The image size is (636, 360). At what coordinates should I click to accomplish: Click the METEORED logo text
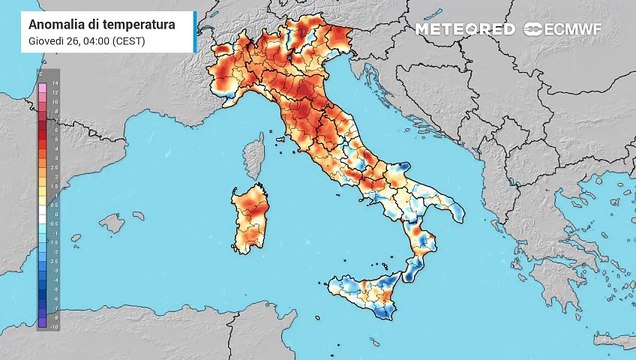pos(465,29)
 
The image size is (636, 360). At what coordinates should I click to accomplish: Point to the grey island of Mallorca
pos(112,221)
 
